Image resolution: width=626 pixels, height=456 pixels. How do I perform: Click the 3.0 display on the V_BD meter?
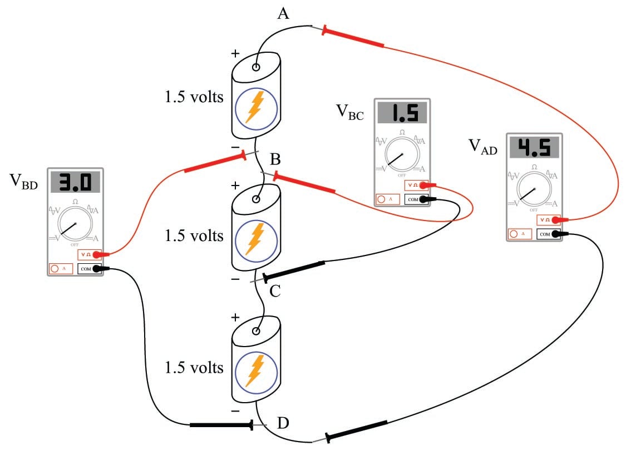pyautogui.click(x=75, y=182)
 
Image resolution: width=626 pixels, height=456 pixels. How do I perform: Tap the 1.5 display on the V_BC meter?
pyautogui.click(x=402, y=113)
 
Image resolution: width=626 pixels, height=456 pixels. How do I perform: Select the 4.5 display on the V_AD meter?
pyautogui.click(x=534, y=147)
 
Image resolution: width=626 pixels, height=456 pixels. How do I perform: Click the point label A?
pyautogui.click(x=283, y=13)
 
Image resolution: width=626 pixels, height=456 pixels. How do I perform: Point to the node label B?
pyautogui.click(x=275, y=160)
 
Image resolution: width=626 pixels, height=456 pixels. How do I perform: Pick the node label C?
pyautogui.click(x=275, y=292)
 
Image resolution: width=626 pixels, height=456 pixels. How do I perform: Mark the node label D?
pyautogui.click(x=283, y=423)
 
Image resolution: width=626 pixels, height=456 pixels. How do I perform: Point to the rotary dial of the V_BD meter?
pyautogui.click(x=74, y=223)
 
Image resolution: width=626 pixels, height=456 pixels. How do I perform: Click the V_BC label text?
pyautogui.click(x=349, y=112)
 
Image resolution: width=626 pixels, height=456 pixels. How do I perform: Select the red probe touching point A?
pyautogui.click(x=353, y=37)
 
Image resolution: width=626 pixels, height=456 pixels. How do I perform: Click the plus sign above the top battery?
pyautogui.click(x=235, y=54)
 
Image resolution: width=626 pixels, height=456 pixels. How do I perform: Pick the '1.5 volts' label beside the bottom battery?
pyautogui.click(x=194, y=368)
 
